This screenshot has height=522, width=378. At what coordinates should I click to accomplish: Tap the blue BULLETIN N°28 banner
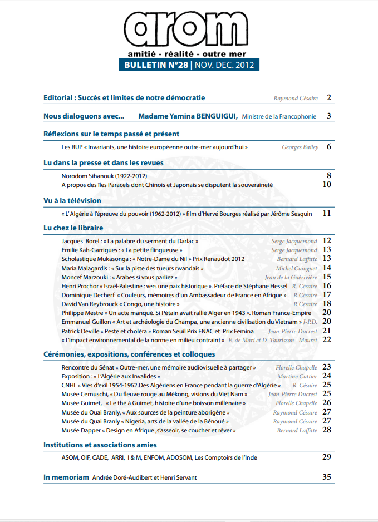188,65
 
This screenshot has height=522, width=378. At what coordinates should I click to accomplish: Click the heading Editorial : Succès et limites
124,98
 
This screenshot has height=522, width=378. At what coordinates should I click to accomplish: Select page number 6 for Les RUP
329,147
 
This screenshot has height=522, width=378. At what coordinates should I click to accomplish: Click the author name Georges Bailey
300,147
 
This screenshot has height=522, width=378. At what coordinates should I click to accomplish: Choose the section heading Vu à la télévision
72,200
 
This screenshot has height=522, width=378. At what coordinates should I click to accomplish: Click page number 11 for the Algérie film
327,213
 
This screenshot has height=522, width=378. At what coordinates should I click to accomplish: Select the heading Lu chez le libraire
73,228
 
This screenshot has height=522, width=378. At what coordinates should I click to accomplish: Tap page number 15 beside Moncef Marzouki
327,277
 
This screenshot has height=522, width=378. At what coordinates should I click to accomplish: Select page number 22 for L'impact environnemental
327,339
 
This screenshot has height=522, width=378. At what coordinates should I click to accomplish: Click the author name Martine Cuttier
297,376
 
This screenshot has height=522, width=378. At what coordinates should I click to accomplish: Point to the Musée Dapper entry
148,430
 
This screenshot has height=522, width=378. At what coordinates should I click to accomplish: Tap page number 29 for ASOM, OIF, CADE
327,457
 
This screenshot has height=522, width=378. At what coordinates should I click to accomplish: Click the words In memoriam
66,477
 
